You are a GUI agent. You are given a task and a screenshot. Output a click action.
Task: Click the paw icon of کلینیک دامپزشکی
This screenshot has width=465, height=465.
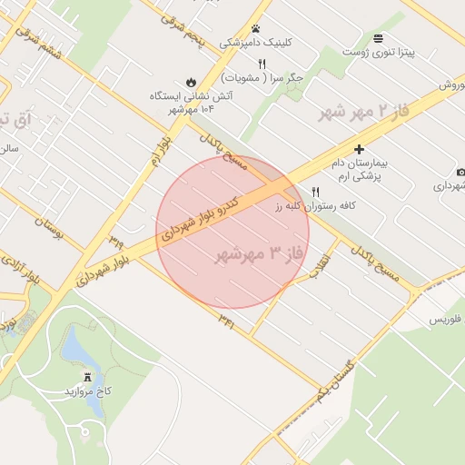(x=256, y=29)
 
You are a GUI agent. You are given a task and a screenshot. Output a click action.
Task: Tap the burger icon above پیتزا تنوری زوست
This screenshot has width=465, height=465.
(x=378, y=37)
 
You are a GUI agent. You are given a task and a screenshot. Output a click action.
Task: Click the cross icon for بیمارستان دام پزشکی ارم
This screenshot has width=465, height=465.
(x=359, y=149)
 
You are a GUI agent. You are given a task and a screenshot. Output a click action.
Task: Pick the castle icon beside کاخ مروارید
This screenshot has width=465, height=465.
(x=88, y=377)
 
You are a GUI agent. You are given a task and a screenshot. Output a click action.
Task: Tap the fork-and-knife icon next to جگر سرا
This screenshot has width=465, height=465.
(x=262, y=64)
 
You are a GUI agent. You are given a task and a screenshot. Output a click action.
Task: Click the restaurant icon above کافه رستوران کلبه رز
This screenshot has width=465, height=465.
(x=315, y=192)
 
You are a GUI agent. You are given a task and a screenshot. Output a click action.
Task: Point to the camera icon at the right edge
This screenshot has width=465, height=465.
(x=460, y=173)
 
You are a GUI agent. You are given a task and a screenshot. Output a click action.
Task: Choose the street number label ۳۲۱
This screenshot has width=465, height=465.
(x=226, y=321)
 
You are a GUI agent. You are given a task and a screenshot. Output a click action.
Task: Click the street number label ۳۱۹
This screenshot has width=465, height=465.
(x=115, y=241)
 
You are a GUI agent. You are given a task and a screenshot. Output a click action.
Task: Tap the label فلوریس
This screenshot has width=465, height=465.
(x=445, y=320)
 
